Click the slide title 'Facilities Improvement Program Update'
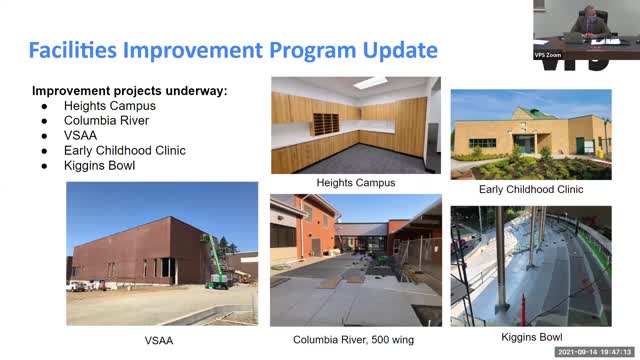coord(233,50)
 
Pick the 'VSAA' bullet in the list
coord(82,135)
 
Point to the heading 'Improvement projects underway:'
coord(130,90)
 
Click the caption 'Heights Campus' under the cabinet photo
coord(355,183)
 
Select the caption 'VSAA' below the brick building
coord(161,339)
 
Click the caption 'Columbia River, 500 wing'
coord(355,339)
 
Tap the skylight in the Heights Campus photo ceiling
coord(370,83)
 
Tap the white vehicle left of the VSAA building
coord(76,286)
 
